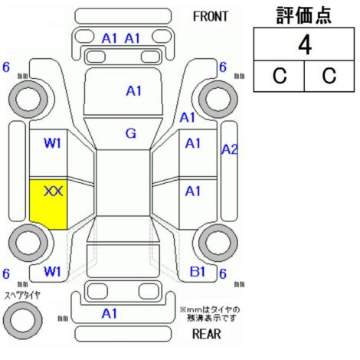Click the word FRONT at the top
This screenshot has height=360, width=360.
[x=211, y=17]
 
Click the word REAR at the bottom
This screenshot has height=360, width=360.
[x=207, y=333]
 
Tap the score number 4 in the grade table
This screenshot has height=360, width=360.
[x=305, y=45]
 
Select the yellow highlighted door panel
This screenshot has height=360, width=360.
[x=48, y=205]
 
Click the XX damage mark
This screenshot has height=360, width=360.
[x=54, y=191]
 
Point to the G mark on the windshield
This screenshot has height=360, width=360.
[x=131, y=133]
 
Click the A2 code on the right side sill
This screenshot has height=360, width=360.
[x=229, y=149]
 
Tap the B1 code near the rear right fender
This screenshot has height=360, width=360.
[x=198, y=272]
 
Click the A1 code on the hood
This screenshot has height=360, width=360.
[x=134, y=91]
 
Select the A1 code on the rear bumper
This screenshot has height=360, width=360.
[x=110, y=313]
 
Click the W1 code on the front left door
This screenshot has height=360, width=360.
[x=53, y=143]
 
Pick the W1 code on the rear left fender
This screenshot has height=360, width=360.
[x=53, y=272]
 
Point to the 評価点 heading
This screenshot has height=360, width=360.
[x=304, y=15]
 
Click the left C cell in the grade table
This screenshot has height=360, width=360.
[x=280, y=76]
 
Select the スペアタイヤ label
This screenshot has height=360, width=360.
[x=22, y=296]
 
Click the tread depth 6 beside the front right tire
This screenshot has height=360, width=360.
[x=223, y=67]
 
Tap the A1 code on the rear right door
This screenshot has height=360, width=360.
[x=193, y=191]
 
